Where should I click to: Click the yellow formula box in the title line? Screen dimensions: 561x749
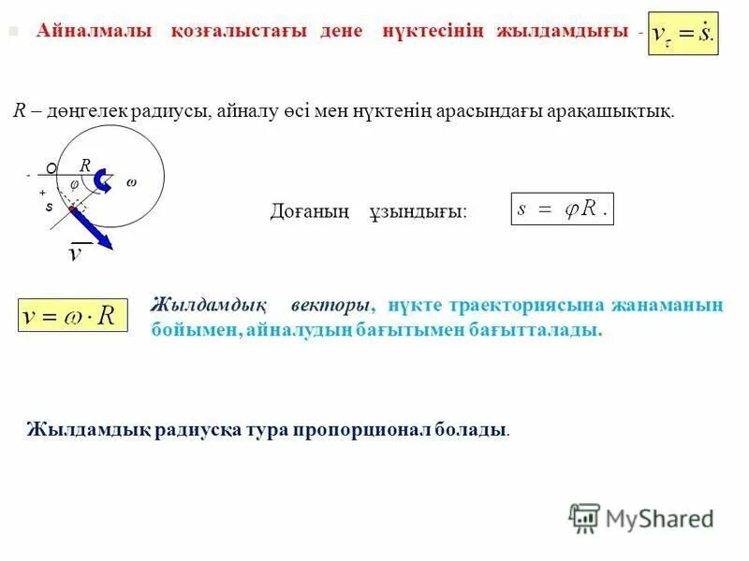tap(683, 33)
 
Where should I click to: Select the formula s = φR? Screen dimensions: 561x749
tap(562, 209)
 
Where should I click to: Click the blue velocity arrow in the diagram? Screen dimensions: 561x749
tap(94, 229)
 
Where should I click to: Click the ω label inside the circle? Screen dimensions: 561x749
tap(130, 182)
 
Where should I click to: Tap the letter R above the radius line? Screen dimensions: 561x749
tap(85, 165)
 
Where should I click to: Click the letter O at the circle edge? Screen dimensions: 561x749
tap(51, 168)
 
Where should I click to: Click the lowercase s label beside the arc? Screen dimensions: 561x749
tap(49, 208)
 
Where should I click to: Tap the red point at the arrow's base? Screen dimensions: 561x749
tap(71, 209)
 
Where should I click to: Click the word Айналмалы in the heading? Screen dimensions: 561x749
tap(95, 32)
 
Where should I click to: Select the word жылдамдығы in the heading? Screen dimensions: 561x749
tap(563, 32)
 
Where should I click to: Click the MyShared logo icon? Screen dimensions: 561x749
tap(584, 517)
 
